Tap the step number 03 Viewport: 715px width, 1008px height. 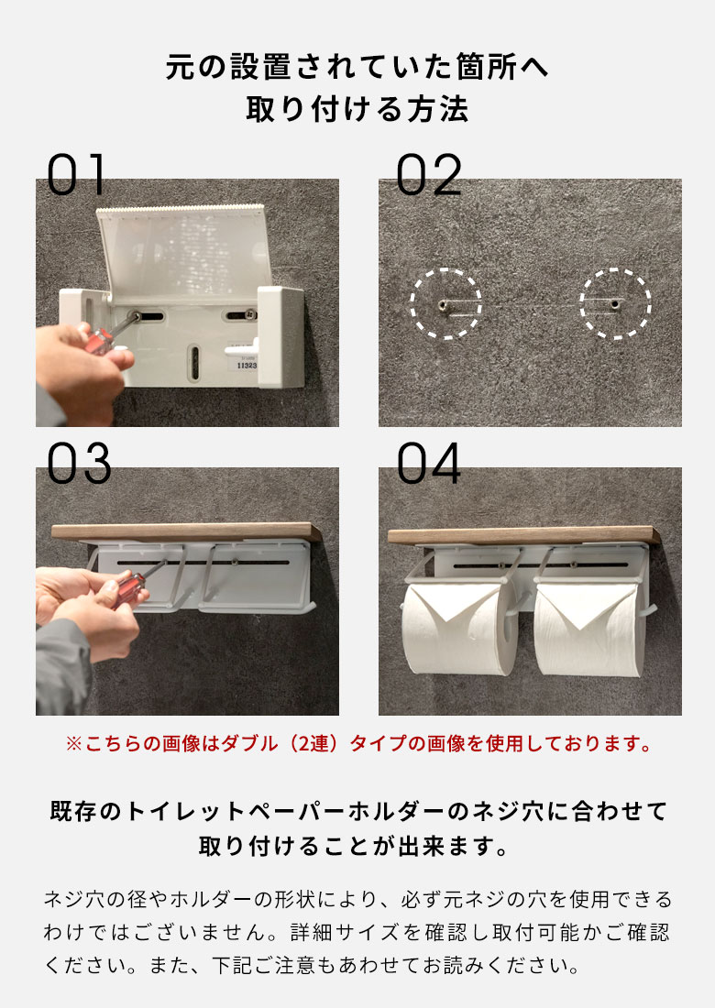tap(79, 465)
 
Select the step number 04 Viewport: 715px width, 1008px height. tap(429, 465)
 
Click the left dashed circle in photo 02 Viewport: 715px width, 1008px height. tap(445, 303)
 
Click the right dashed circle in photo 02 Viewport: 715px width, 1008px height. tap(615, 303)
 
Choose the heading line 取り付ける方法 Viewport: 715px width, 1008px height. tap(357, 110)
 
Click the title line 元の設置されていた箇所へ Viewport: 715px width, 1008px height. tap(357, 67)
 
